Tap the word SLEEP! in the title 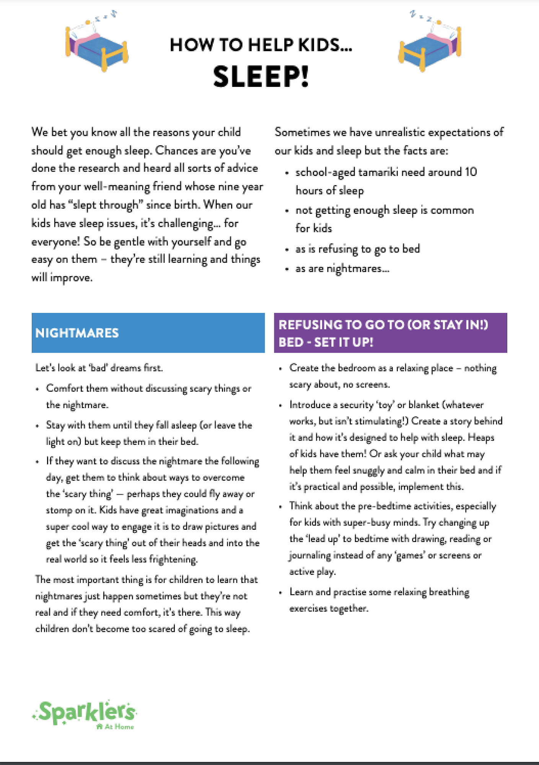(x=261, y=76)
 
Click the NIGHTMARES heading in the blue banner (x=77, y=333)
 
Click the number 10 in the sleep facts (x=471, y=172)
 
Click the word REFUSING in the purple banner (x=310, y=325)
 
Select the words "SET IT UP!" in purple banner (x=344, y=342)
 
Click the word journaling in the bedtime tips (x=309, y=555)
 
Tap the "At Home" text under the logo (x=119, y=727)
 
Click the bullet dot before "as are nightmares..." (x=287, y=269)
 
